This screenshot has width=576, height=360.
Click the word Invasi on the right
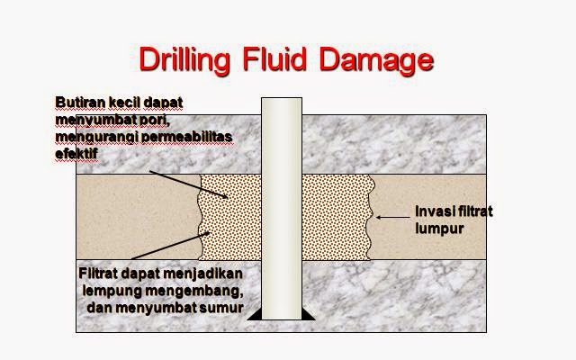pyautogui.click(x=431, y=211)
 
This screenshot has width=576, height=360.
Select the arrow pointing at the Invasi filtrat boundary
pyautogui.click(x=393, y=216)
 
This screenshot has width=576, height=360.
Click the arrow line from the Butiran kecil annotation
pyautogui.click(x=176, y=184)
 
